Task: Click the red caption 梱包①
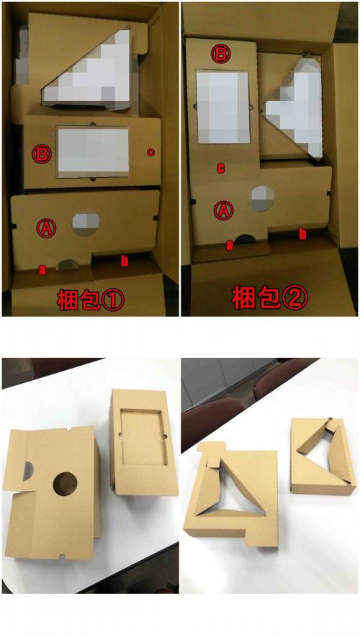(91, 300)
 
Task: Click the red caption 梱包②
(269, 299)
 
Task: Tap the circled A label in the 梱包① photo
(46, 228)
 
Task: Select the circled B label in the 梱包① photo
(42, 154)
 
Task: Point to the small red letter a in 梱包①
(42, 269)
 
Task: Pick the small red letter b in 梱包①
(125, 261)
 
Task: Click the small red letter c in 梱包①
(150, 153)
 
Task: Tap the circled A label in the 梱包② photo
(224, 210)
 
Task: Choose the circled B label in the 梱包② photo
(221, 55)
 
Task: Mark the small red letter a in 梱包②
(230, 245)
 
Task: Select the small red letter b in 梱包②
(302, 234)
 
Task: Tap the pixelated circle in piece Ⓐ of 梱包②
(263, 199)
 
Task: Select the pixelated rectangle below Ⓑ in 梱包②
(222, 107)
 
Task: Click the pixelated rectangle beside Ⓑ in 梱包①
(93, 151)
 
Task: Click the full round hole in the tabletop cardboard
(65, 485)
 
